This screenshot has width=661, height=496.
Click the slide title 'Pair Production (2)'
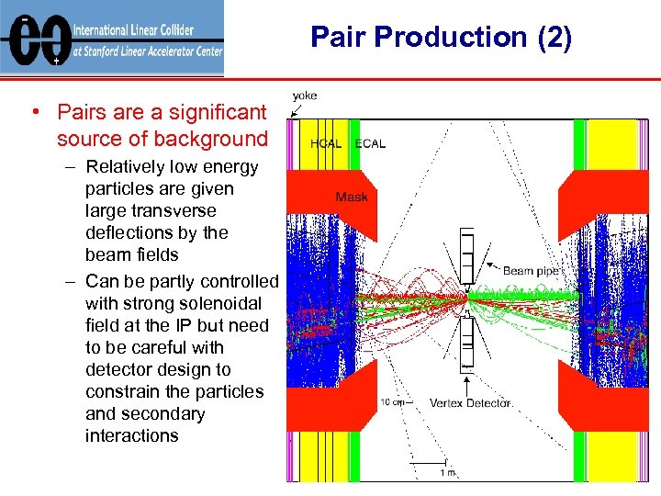(x=441, y=37)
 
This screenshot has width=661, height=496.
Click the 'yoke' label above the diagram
(x=306, y=96)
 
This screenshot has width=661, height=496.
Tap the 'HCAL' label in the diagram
(x=326, y=143)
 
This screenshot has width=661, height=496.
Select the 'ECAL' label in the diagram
(x=370, y=143)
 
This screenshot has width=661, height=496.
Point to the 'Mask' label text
(x=352, y=197)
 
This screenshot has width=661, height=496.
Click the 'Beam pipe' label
(x=532, y=271)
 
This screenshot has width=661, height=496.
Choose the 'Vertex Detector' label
(x=470, y=403)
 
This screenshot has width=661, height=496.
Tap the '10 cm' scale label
(x=392, y=401)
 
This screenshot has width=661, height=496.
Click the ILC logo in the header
(x=34, y=39)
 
